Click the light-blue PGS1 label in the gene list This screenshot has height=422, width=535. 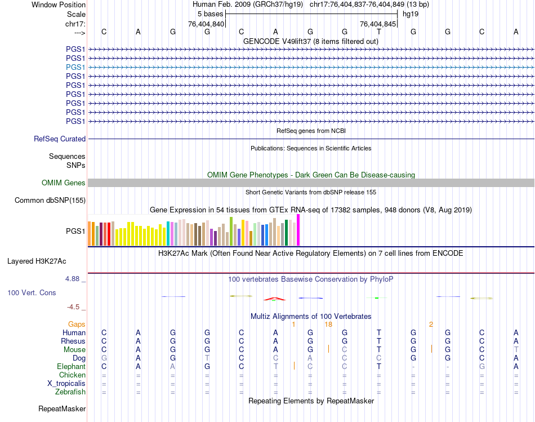click(75, 67)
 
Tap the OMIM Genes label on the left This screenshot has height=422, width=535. click(63, 183)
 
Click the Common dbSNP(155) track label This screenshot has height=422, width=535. click(50, 201)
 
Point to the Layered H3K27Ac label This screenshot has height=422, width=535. click(37, 261)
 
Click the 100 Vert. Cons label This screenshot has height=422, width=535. click(32, 293)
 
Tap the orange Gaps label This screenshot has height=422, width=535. click(77, 324)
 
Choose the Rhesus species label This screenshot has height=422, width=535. click(73, 341)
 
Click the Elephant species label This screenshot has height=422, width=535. click(71, 366)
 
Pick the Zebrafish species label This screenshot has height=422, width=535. click(70, 392)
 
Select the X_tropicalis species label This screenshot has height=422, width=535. click(66, 383)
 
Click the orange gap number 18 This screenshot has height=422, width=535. click(328, 324)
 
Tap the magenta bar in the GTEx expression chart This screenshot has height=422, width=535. click(298, 230)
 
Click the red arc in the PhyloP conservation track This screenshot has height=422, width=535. click(274, 299)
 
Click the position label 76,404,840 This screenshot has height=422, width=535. click(206, 24)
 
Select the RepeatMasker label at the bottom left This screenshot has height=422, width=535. click(62, 408)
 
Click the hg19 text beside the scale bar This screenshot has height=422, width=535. click(410, 14)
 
